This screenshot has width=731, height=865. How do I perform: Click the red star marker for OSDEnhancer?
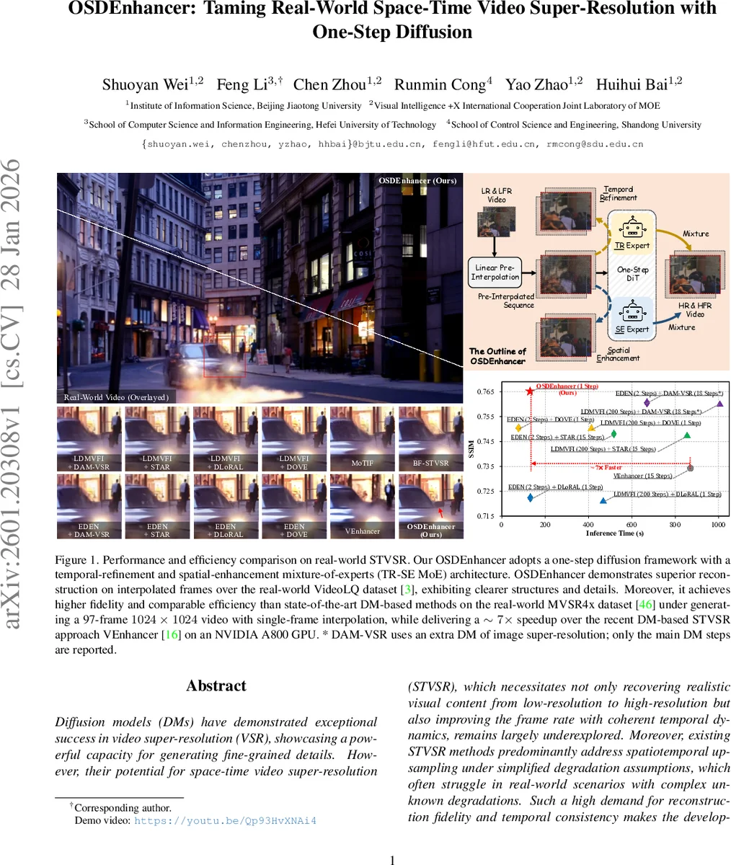click(x=530, y=391)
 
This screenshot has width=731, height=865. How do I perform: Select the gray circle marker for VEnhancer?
click(x=690, y=468)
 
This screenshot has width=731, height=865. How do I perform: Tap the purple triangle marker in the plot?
click(x=719, y=404)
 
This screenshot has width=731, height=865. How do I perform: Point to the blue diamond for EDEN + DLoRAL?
click(x=530, y=497)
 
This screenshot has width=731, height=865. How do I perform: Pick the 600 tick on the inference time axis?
click(x=632, y=525)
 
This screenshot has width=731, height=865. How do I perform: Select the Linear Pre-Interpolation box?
click(x=495, y=272)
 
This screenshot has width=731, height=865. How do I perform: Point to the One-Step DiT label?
click(x=632, y=274)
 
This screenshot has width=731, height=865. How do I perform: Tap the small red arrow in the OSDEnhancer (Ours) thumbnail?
click(x=440, y=512)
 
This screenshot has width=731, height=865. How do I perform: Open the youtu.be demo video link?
click(x=225, y=820)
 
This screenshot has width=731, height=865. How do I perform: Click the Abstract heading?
click(x=216, y=686)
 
